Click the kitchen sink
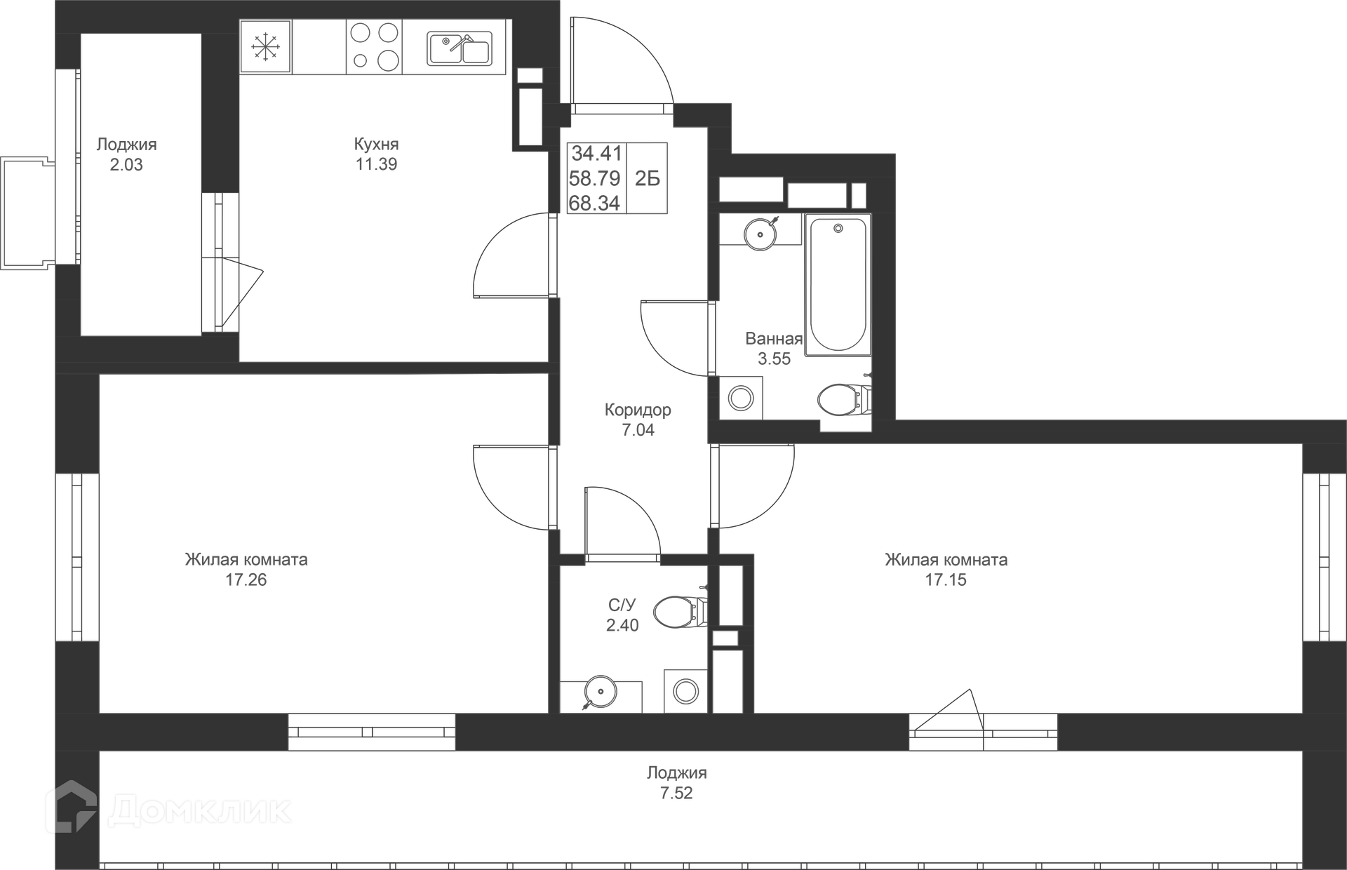click(460, 49)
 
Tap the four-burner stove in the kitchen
click(374, 47)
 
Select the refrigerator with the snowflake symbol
click(266, 47)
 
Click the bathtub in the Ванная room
click(838, 284)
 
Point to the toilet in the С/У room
click(679, 612)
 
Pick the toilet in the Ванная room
click(842, 399)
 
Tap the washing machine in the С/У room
click(685, 692)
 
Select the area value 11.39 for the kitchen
click(376, 164)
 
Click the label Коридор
click(638, 410)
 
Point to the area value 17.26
click(246, 580)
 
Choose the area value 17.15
click(946, 580)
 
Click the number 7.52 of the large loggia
click(676, 794)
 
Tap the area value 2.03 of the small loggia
click(126, 165)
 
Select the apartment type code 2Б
click(648, 179)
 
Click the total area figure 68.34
click(594, 203)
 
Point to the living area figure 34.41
click(596, 153)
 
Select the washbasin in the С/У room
click(601, 692)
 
